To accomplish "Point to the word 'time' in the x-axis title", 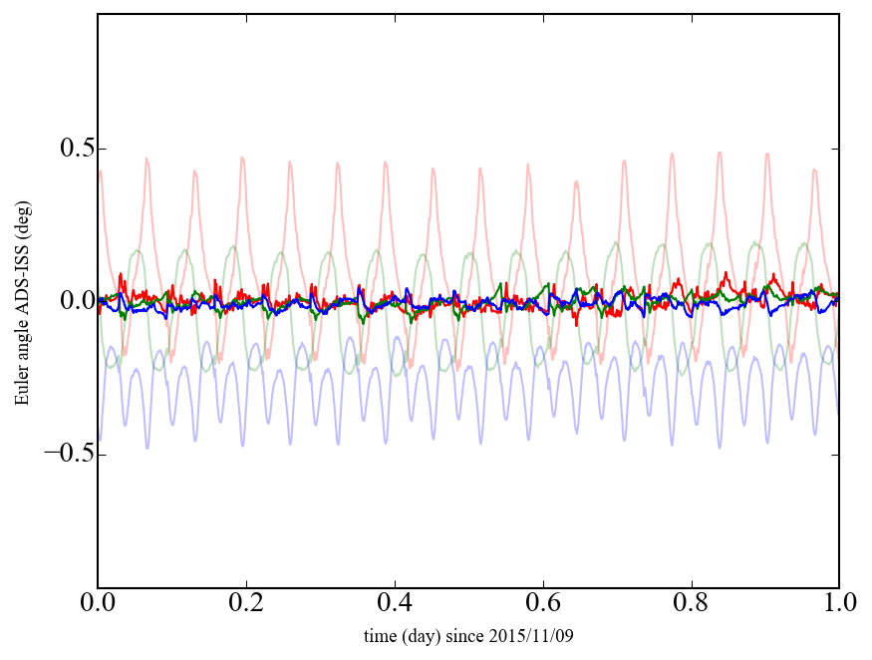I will click(380, 635).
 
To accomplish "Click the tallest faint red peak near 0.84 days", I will click(720, 153).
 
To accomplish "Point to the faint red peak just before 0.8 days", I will click(672, 155).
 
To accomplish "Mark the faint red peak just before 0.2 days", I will click(242, 158).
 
